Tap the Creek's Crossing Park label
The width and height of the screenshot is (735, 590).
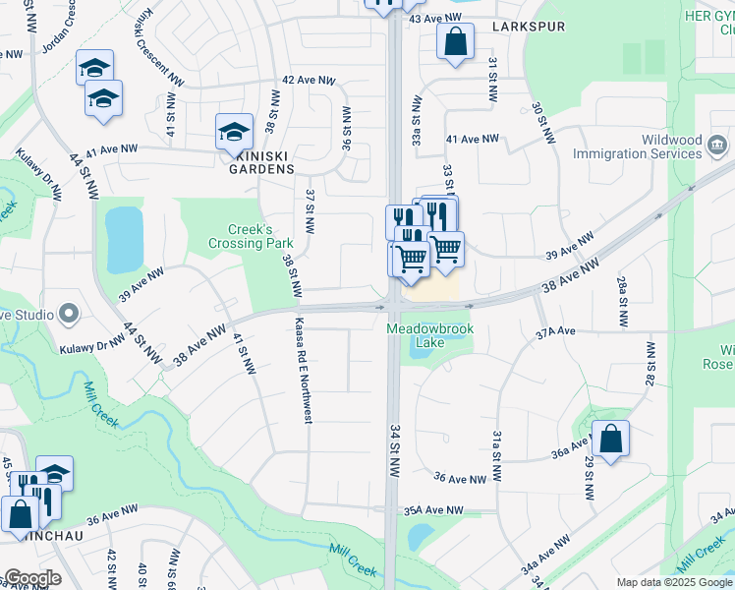[x=239, y=236]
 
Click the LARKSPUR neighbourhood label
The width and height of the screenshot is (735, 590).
[x=529, y=27]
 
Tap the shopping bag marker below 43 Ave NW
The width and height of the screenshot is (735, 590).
[x=455, y=42]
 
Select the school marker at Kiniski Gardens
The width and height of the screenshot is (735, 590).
[x=235, y=131]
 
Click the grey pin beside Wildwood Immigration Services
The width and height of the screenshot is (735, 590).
[x=717, y=147]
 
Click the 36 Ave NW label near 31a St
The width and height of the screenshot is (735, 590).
[x=461, y=479]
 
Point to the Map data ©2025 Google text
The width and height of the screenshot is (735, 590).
[x=674, y=582]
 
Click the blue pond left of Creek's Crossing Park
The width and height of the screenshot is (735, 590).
[x=124, y=238]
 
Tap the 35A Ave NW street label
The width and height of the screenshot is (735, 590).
[x=432, y=510]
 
